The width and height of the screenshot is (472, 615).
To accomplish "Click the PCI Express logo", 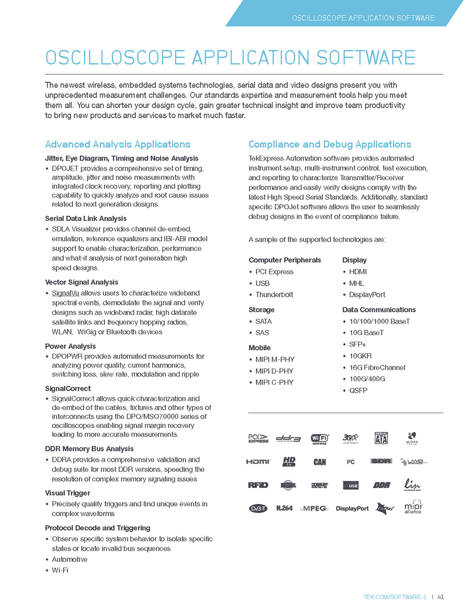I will pyautogui.click(x=258, y=438).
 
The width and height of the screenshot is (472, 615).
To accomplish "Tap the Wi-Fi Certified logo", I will pyautogui.click(x=320, y=438).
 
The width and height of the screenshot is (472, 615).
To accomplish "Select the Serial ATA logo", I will pyautogui.click(x=381, y=438).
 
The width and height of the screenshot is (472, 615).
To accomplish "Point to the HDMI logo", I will pyautogui.click(x=258, y=461).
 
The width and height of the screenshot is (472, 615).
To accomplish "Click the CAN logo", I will pyautogui.click(x=320, y=462).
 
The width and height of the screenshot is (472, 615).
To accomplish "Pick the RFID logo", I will pyautogui.click(x=258, y=485).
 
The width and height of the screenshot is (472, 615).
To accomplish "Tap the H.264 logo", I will pyautogui.click(x=284, y=508).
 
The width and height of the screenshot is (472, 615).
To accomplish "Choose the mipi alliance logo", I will pyautogui.click(x=413, y=507).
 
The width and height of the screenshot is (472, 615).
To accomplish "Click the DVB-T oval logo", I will pyautogui.click(x=258, y=509).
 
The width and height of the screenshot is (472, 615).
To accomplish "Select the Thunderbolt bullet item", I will pyautogui.click(x=274, y=295).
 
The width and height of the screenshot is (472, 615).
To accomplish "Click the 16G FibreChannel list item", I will pyautogui.click(x=377, y=368).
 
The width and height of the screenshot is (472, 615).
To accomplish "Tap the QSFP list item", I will pyautogui.click(x=358, y=391).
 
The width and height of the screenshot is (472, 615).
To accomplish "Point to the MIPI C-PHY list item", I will pyautogui.click(x=274, y=382).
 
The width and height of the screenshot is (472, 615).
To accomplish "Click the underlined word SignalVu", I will pyautogui.click(x=65, y=293).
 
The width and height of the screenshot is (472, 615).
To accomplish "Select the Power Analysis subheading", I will pyautogui.click(x=70, y=346).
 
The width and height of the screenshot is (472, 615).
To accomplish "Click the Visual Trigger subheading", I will pyautogui.click(x=67, y=493).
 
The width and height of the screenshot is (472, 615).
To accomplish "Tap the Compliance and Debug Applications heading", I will pyautogui.click(x=329, y=144).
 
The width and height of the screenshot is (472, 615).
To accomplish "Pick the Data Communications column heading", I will pyautogui.click(x=379, y=310).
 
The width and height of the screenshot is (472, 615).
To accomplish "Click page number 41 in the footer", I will pyautogui.click(x=441, y=597).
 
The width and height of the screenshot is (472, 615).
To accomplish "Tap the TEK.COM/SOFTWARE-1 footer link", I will pyautogui.click(x=395, y=597).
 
